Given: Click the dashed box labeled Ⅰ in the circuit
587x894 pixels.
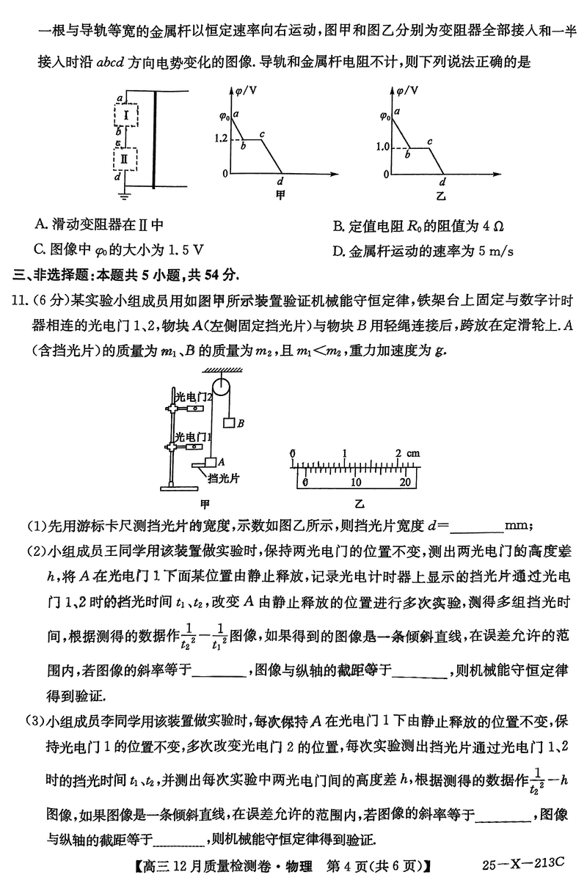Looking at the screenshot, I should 126,115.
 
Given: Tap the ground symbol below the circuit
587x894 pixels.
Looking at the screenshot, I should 126,196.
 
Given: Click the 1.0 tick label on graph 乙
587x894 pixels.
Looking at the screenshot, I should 382,147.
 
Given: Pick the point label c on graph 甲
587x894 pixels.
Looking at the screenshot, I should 262,133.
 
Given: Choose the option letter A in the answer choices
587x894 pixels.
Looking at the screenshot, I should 39,224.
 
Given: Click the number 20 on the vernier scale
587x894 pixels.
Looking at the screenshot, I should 404,482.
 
